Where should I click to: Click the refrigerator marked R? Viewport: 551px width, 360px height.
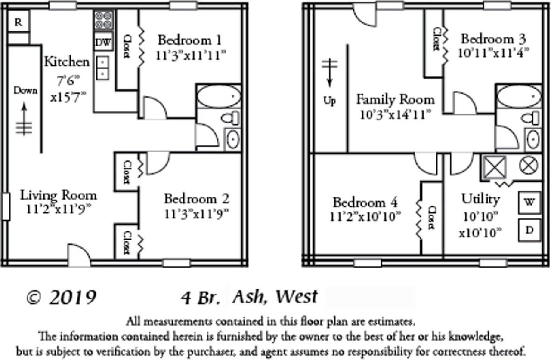pyautogui.click(x=18, y=22)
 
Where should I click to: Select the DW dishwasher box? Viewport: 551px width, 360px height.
pyautogui.click(x=103, y=42)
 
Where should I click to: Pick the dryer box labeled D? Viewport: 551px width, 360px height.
pyautogui.click(x=529, y=230)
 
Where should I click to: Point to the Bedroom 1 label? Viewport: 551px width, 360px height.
pyautogui.click(x=189, y=40)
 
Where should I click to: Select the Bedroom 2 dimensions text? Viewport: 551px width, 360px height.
pyautogui.click(x=196, y=213)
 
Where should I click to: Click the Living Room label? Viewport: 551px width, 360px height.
pyautogui.click(x=59, y=195)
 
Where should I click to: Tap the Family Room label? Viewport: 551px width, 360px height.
pyautogui.click(x=395, y=100)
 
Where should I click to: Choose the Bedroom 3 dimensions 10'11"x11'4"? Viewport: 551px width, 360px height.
pyautogui.click(x=493, y=52)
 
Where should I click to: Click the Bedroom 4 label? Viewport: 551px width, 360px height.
pyautogui.click(x=365, y=202)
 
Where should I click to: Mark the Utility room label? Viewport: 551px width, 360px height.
pyautogui.click(x=480, y=199)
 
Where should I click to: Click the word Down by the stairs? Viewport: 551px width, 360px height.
pyautogui.click(x=25, y=91)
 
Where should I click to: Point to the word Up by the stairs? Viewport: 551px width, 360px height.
pyautogui.click(x=329, y=101)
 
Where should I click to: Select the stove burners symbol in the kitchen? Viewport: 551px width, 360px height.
pyautogui.click(x=103, y=20)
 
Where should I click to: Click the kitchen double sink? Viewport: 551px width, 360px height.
pyautogui.click(x=103, y=68)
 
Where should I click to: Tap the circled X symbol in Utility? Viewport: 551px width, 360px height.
pyautogui.click(x=529, y=166)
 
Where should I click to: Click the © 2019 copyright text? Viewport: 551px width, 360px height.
pyautogui.click(x=61, y=297)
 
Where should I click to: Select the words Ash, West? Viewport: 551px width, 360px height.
pyautogui.click(x=275, y=296)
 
